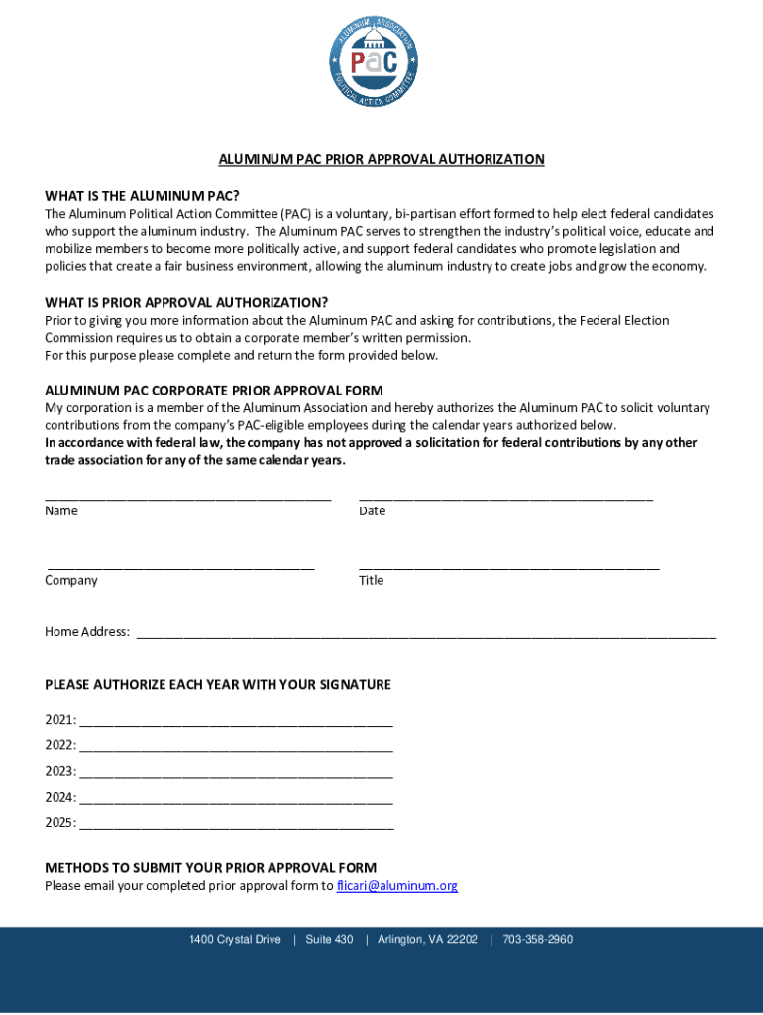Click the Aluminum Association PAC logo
381,58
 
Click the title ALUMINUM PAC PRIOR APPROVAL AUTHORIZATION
381,159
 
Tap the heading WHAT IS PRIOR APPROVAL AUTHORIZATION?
186,302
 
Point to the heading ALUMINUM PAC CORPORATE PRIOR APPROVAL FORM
214,390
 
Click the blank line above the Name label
187,495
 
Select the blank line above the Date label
505,495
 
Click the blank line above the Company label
180,565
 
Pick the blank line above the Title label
508,565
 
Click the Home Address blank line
425,634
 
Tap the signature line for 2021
236,723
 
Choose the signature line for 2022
236,748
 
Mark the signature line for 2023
236,774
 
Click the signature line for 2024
236,800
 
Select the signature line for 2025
236,825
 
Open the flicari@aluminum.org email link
397,886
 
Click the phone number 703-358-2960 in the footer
537,940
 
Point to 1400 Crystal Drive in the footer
235,940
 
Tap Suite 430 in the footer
329,940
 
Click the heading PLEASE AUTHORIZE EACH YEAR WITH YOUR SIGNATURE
218,685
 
